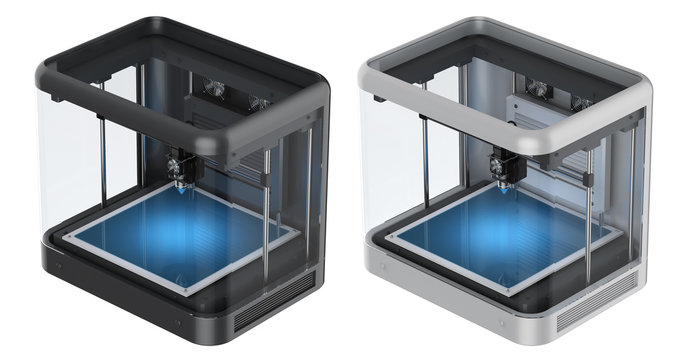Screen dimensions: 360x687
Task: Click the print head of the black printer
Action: pyautogui.click(x=180, y=164)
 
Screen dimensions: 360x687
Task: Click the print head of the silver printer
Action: pyautogui.click(x=503, y=166)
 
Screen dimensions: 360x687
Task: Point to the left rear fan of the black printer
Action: pyautogui.click(x=214, y=89)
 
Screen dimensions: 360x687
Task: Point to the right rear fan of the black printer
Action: pyautogui.click(x=259, y=102)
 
